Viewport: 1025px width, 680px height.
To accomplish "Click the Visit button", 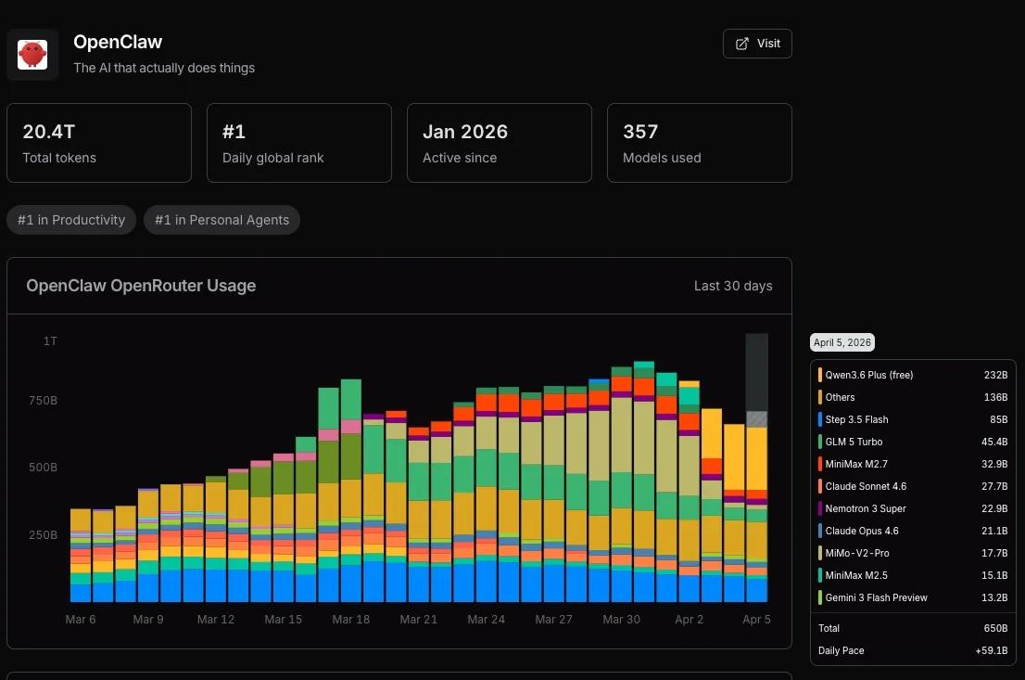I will [757, 44].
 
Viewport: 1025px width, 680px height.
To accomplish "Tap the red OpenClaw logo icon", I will [32, 55].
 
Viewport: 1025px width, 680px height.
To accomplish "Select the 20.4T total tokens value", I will [48, 132].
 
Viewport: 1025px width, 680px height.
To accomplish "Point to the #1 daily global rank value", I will [234, 132].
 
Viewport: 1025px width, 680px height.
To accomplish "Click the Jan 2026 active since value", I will [464, 132].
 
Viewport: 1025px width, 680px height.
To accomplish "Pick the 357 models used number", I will [640, 132].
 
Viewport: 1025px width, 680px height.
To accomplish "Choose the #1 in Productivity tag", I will [71, 220].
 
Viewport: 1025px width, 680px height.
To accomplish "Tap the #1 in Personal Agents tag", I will [221, 220].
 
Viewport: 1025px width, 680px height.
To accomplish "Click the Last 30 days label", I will [732, 286].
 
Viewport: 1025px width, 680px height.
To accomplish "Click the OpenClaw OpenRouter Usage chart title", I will [141, 286].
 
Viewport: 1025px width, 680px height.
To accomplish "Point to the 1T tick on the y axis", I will [50, 341].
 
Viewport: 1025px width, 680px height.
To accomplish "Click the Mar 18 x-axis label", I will [350, 619].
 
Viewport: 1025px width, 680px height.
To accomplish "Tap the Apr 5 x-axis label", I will [756, 619].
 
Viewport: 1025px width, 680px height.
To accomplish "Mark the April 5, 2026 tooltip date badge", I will [842, 342].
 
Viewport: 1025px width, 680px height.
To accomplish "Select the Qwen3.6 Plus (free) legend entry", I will [868, 375].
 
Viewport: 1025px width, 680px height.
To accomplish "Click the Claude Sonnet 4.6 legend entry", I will [865, 486].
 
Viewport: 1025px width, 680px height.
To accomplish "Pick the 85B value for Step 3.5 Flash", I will [996, 419].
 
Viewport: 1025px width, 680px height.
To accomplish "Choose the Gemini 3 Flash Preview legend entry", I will [876, 597].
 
